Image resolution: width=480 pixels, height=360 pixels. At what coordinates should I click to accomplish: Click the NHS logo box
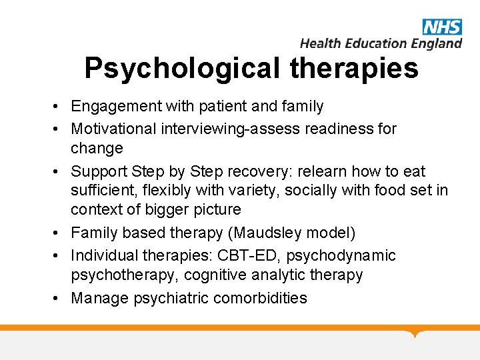[x=441, y=27]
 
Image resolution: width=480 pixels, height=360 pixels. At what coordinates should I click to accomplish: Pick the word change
[x=97, y=148]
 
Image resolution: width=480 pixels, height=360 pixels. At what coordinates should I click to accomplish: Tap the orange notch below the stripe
[x=417, y=333]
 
